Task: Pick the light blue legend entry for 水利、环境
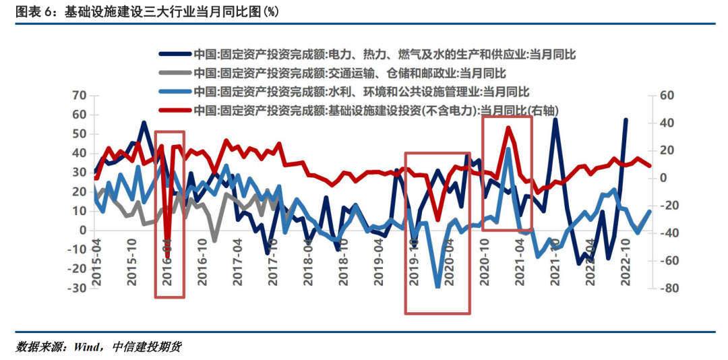361,91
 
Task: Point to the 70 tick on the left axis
79,96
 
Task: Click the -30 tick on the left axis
76,288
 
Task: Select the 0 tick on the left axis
83,230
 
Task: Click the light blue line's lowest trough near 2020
437,287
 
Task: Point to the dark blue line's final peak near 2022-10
626,119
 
